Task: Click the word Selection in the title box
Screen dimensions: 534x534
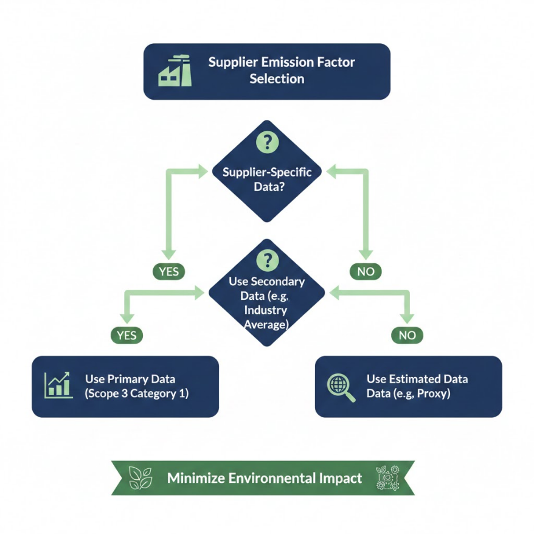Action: tap(277, 79)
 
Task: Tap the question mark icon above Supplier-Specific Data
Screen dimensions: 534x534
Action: tap(268, 142)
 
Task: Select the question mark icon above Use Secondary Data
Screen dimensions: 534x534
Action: tap(268, 260)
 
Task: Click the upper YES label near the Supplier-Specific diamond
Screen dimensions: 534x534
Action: tap(169, 271)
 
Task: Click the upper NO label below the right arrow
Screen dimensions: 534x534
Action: tap(366, 271)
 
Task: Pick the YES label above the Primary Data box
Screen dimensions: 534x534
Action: tap(127, 335)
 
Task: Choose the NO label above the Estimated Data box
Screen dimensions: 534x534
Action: tap(407, 335)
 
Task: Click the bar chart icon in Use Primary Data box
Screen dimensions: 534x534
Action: tap(58, 385)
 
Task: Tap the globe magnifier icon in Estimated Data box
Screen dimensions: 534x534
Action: tap(341, 388)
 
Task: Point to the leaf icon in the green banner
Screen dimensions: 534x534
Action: tap(140, 478)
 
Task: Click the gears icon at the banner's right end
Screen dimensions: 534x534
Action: tap(387, 478)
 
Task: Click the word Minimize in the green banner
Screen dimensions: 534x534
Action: tap(196, 478)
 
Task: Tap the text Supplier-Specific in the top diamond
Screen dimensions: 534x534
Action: tap(267, 172)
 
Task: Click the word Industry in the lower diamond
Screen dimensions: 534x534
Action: tap(266, 310)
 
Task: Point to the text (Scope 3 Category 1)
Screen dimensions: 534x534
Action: tap(137, 394)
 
